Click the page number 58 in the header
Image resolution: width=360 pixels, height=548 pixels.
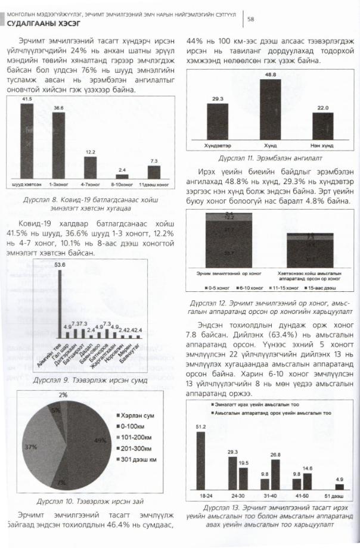click(x=250, y=19)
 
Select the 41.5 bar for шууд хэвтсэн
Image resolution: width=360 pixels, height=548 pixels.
click(x=27, y=141)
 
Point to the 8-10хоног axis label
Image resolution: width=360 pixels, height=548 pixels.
click(x=122, y=185)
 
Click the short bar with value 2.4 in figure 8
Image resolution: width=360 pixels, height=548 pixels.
click(x=122, y=176)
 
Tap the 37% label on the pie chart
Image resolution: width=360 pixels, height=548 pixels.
click(x=30, y=446)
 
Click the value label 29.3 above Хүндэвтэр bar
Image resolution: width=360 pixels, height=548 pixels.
click(x=218, y=98)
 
